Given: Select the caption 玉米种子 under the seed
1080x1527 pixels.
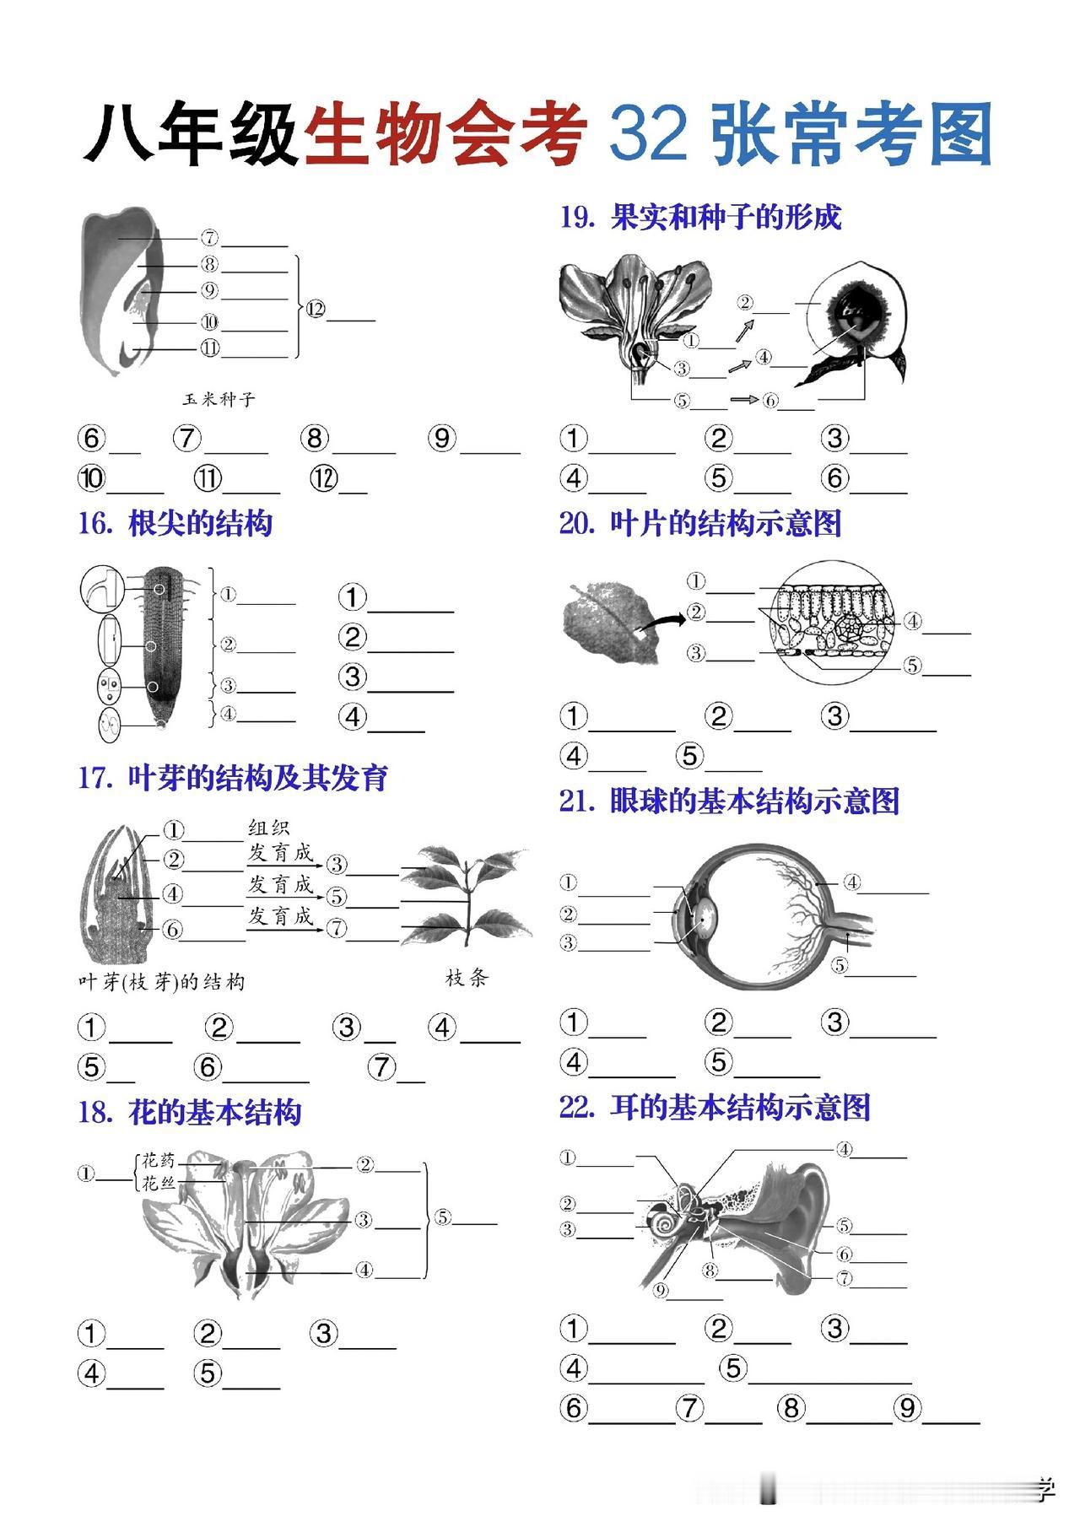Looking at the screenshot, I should pyautogui.click(x=219, y=399).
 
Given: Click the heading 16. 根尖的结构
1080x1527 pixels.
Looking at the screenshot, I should pyautogui.click(x=175, y=524).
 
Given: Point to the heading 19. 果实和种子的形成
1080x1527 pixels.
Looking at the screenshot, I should pyautogui.click(x=700, y=218).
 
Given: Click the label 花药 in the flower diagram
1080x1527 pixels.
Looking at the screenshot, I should pyautogui.click(x=159, y=1159).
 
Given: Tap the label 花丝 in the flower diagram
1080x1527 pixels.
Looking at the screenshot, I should pyautogui.click(x=159, y=1183).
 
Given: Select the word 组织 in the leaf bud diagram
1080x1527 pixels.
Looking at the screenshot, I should pyautogui.click(x=268, y=828).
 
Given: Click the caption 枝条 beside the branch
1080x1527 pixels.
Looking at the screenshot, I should pyautogui.click(x=467, y=979).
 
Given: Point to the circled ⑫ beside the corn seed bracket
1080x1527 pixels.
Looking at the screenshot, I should pyautogui.click(x=316, y=310).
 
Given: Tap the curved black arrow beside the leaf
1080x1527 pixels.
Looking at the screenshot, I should pyautogui.click(x=661, y=621).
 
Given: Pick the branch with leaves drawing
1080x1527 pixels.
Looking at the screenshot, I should pyautogui.click(x=468, y=898).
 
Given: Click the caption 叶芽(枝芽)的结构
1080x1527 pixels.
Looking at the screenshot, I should pyautogui.click(x=161, y=982).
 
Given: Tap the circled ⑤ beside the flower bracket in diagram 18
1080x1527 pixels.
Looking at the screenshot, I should pyautogui.click(x=443, y=1217).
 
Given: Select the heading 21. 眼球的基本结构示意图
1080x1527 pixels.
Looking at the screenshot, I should pyautogui.click(x=729, y=801).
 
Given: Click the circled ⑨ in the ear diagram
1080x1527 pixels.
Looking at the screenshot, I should pyautogui.click(x=661, y=1290).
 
